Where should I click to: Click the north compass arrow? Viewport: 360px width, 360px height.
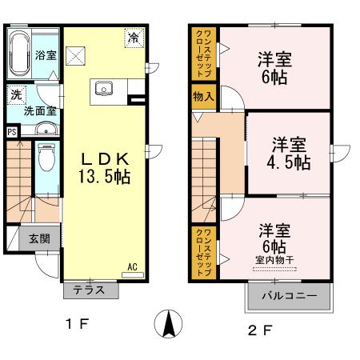pos(168,325)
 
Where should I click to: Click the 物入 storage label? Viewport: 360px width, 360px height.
pos(203,97)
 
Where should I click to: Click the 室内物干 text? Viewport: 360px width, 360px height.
pos(274,260)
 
